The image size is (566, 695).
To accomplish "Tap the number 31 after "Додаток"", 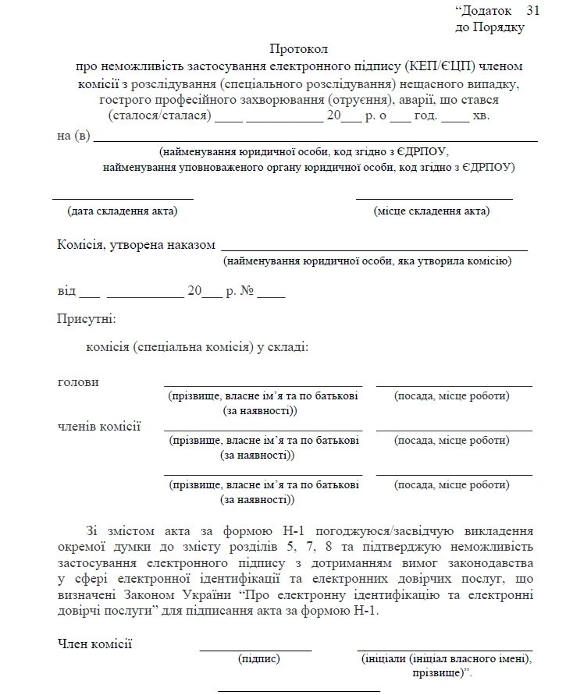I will coord(532,10).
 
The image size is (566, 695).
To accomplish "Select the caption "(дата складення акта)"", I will coord(123,211).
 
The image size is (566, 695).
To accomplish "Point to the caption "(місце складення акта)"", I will coord(432,211).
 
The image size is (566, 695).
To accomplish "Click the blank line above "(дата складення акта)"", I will coord(123,199).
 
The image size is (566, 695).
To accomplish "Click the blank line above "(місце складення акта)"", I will coord(434,199).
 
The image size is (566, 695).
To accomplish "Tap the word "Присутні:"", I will coord(86,319).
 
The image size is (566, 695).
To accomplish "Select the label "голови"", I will coord(78,382).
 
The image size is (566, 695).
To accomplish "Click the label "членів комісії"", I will coord(99,426).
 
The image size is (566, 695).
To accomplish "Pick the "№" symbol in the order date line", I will coord(247,291).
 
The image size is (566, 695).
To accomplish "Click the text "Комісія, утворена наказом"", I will coord(136,245).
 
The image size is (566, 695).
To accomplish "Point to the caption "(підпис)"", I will coord(258,659).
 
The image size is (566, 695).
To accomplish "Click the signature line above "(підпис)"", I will coord(255,650).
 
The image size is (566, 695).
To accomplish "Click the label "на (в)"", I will coord(73,137).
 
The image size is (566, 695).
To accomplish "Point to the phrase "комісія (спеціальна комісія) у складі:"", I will coord(198,347).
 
